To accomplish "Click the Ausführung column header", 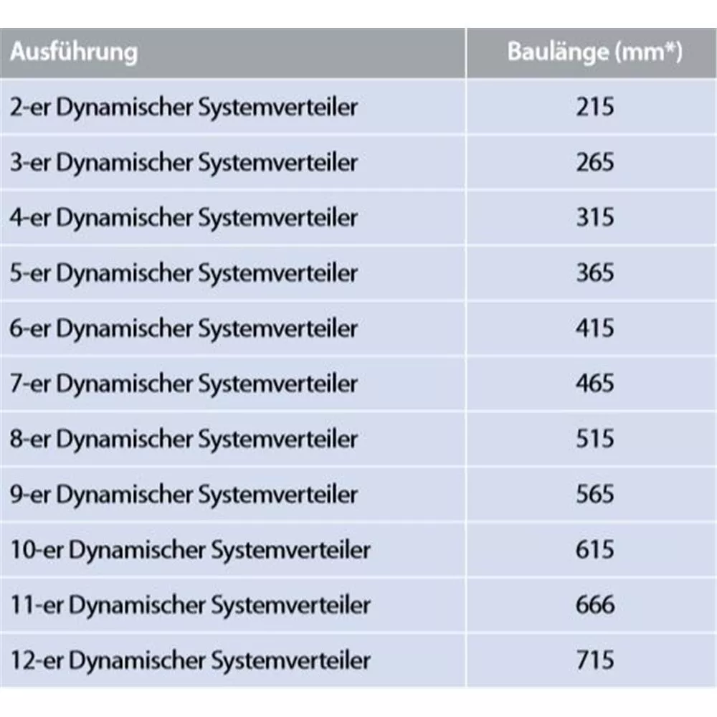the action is [74, 52].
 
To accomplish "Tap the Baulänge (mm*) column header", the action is [595, 52].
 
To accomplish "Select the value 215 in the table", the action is [595, 107].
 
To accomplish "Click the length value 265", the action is [595, 162].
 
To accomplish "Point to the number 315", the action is [595, 217].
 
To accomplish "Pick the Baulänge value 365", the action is [595, 273].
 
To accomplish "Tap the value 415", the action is [595, 328].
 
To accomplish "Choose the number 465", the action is [595, 383].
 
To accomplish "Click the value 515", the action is [595, 439].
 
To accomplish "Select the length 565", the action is [595, 494].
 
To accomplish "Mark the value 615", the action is [595, 550].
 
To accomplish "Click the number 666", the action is [595, 605].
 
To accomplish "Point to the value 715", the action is [595, 660].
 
